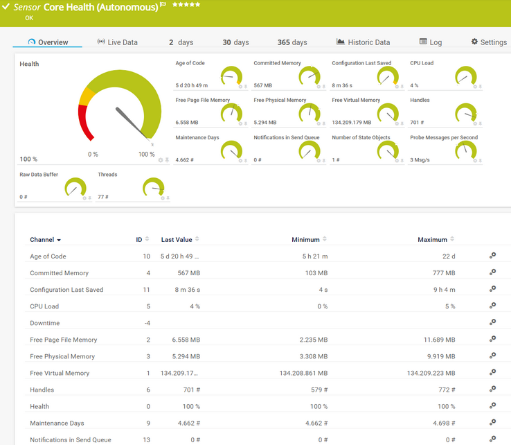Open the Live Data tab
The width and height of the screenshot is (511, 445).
point(118,42)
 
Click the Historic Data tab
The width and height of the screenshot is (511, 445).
point(364,42)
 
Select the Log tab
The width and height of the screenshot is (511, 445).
point(431,42)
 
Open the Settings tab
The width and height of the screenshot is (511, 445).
point(489,42)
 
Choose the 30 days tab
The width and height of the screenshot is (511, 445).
point(235,42)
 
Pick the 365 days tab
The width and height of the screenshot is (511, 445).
point(292,42)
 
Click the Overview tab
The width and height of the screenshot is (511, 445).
point(48,42)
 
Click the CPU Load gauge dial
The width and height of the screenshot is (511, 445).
point(467,76)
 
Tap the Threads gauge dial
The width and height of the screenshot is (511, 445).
point(153,187)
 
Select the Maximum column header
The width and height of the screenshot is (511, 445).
point(432,240)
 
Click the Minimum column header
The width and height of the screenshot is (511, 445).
point(305,240)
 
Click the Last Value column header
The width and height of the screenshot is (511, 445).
point(177,240)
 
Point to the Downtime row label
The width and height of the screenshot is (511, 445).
point(45,323)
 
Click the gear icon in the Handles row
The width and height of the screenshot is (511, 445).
point(492,390)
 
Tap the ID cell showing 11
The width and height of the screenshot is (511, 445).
point(146,290)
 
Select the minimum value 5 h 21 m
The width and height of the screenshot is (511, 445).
point(315,256)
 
